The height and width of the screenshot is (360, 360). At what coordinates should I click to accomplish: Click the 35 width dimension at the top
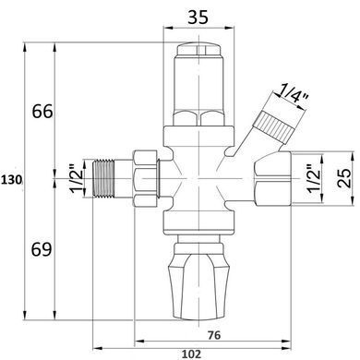point(198,17)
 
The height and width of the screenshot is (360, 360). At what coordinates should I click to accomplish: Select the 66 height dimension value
point(42,112)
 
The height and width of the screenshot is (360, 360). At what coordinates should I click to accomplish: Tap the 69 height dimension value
point(42,249)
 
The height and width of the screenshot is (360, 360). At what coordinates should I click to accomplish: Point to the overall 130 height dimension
point(11,179)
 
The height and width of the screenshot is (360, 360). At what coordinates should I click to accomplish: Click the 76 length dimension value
point(214,335)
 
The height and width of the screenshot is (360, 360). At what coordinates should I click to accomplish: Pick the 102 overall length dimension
point(191,354)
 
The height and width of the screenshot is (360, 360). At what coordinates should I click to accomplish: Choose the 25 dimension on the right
point(344,178)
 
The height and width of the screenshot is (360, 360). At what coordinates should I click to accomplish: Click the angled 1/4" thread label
point(291,96)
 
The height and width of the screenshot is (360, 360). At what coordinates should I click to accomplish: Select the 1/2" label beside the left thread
point(76,179)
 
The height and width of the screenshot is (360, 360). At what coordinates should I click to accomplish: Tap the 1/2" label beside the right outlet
point(314,179)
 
